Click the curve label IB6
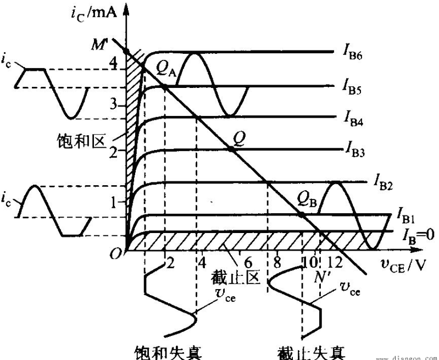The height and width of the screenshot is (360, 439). click(x=353, y=53)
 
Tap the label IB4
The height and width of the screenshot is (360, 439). click(x=354, y=119)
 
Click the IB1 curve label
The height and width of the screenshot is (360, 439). click(x=405, y=217)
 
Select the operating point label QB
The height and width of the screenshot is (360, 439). click(x=307, y=200)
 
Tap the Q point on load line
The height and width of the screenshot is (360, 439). click(x=231, y=149)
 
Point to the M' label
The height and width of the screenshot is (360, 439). click(x=99, y=45)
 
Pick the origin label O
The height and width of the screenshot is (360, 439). click(x=115, y=254)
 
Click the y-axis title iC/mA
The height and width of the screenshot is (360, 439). click(x=93, y=14)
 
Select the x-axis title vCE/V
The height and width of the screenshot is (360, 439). click(x=403, y=265)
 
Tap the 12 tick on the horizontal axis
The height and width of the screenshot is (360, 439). click(x=335, y=263)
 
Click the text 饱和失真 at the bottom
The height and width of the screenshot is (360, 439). click(x=168, y=352)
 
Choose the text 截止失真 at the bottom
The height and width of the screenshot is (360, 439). click(x=312, y=352)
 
